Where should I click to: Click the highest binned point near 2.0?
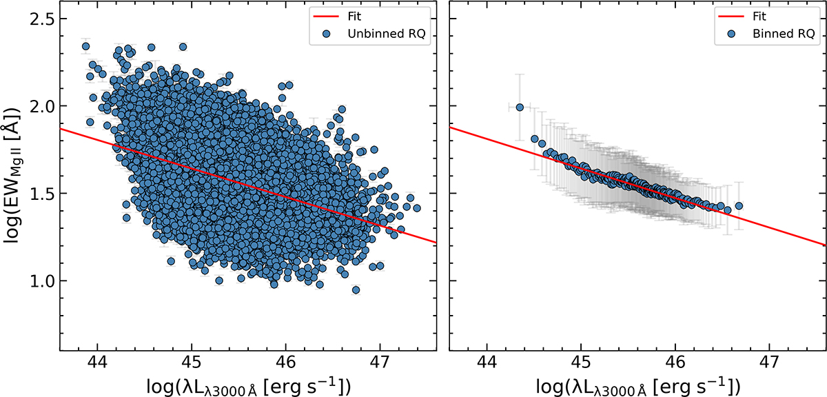pos(520,107)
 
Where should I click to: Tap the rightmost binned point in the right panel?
pos(739,205)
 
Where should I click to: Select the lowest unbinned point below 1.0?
pos(356,290)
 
